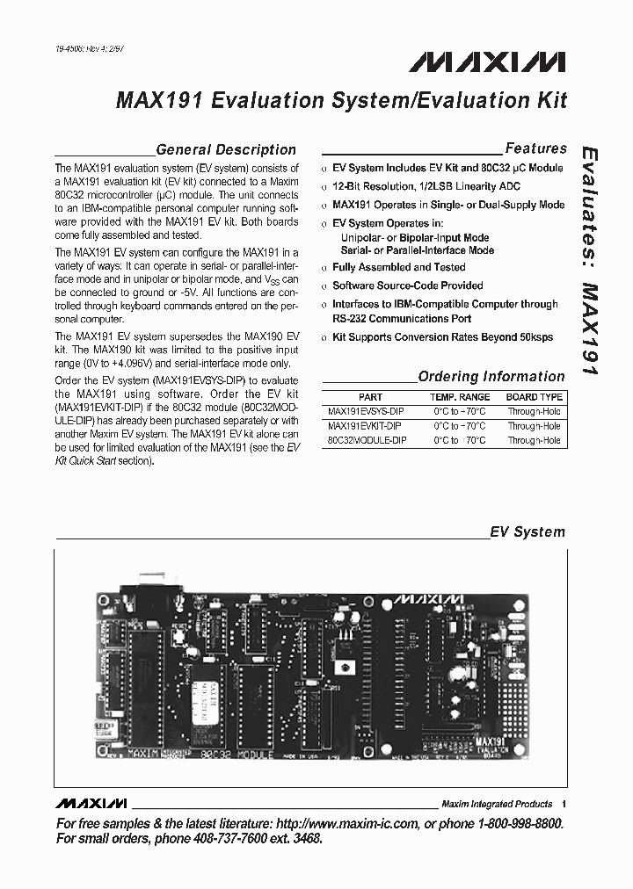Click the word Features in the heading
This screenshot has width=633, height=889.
(535, 148)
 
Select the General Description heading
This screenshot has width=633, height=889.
(226, 149)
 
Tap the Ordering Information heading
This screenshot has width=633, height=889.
(491, 377)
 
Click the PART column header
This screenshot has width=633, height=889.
(370, 397)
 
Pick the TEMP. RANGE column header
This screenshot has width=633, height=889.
(462, 397)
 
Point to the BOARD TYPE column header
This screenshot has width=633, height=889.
(534, 397)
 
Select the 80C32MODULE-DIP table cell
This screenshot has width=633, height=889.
(367, 440)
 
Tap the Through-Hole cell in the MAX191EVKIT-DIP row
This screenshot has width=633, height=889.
(534, 426)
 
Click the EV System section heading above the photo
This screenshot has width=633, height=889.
(527, 532)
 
